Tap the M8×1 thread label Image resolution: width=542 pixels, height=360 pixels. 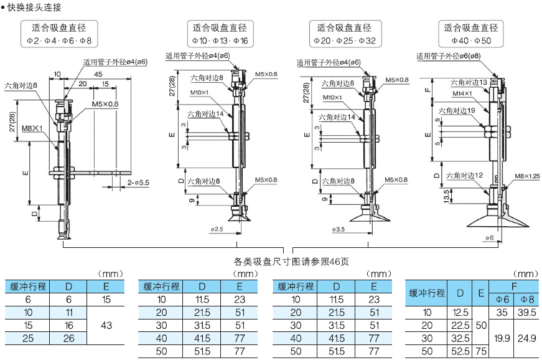(x=32, y=128)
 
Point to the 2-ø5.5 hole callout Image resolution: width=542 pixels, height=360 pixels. (x=138, y=182)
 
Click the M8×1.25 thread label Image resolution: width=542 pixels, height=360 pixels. (x=526, y=176)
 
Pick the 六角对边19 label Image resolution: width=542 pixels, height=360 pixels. (x=457, y=110)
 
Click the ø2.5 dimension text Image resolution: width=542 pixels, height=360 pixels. (x=217, y=229)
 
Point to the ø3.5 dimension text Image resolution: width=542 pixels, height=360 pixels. (x=339, y=229)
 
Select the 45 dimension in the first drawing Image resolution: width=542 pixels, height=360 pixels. (x=98, y=74)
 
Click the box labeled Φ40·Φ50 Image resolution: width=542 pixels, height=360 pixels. (x=470, y=34)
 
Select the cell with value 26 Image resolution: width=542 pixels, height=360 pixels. (x=69, y=338)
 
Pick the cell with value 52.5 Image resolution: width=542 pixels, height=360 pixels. (x=460, y=351)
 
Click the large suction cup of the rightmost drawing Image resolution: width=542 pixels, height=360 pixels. (x=496, y=219)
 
